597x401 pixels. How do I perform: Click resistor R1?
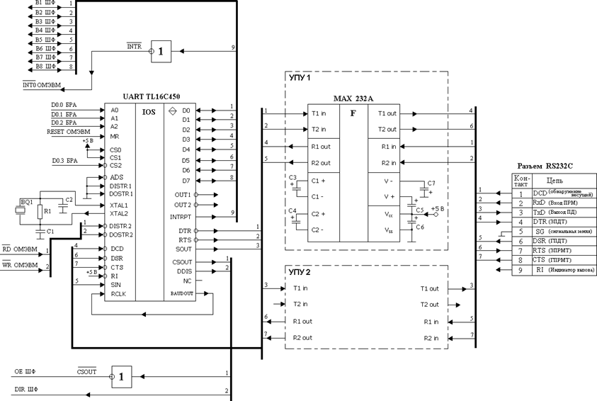pos(47,211)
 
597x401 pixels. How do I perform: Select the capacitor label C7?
pos(431,183)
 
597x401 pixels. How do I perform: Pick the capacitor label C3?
pos(292,176)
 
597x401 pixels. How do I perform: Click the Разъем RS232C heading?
pos(547,165)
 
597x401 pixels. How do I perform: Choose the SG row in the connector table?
pos(552,232)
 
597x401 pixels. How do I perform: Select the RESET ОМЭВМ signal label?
pos(69,132)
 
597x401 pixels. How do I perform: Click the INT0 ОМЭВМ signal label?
pos(42,86)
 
